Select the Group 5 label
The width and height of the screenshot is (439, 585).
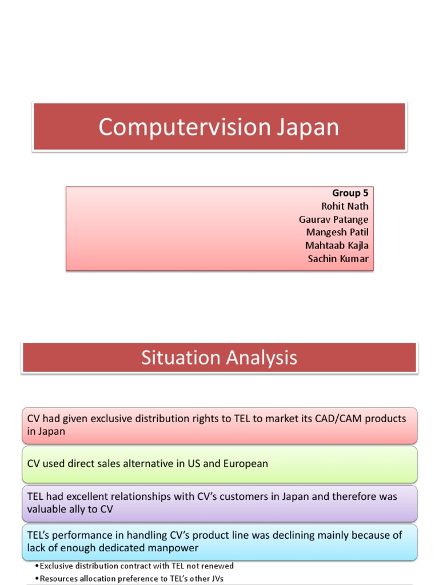click(x=350, y=193)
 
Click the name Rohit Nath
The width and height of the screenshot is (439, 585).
click(x=345, y=206)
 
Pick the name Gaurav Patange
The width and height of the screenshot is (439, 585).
click(x=333, y=219)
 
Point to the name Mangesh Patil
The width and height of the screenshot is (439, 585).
click(x=337, y=233)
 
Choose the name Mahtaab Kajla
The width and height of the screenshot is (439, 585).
click(x=337, y=246)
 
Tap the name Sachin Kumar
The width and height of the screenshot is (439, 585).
click(x=338, y=259)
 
